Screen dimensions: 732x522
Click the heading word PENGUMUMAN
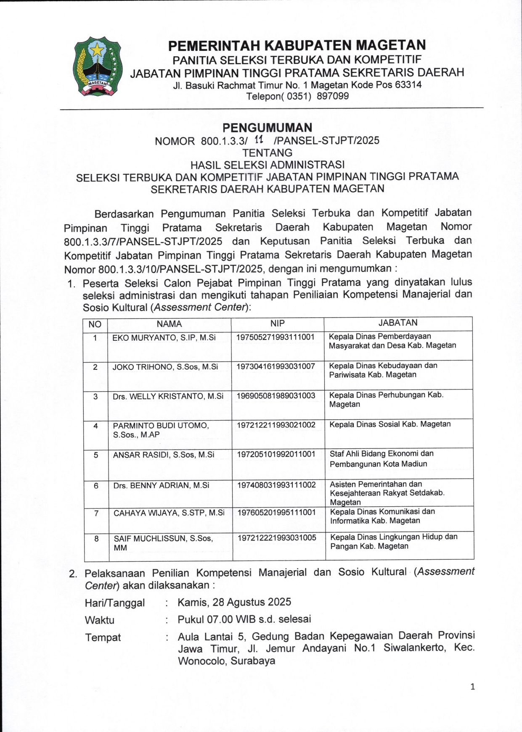pyautogui.click(x=267, y=127)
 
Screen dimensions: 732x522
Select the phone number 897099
pyautogui.click(x=333, y=96)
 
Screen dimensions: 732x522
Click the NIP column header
pyautogui.click(x=278, y=323)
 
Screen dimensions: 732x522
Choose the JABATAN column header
pyautogui.click(x=398, y=323)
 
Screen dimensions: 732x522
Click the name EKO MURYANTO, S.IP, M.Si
pyautogui.click(x=164, y=337)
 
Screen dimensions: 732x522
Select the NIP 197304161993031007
pyautogui.click(x=276, y=366)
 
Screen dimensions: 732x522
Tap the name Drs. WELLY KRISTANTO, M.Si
pyautogui.click(x=168, y=396)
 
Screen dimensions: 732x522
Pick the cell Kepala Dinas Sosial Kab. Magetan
pyautogui.click(x=390, y=424)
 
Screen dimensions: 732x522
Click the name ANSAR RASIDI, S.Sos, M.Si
pyautogui.click(x=164, y=455)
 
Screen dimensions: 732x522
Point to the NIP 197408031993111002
pyautogui.click(x=276, y=485)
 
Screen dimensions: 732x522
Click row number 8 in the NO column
pyautogui.click(x=96, y=538)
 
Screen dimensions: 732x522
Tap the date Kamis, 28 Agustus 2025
pyautogui.click(x=234, y=602)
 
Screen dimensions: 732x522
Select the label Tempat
pyautogui.click(x=103, y=637)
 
